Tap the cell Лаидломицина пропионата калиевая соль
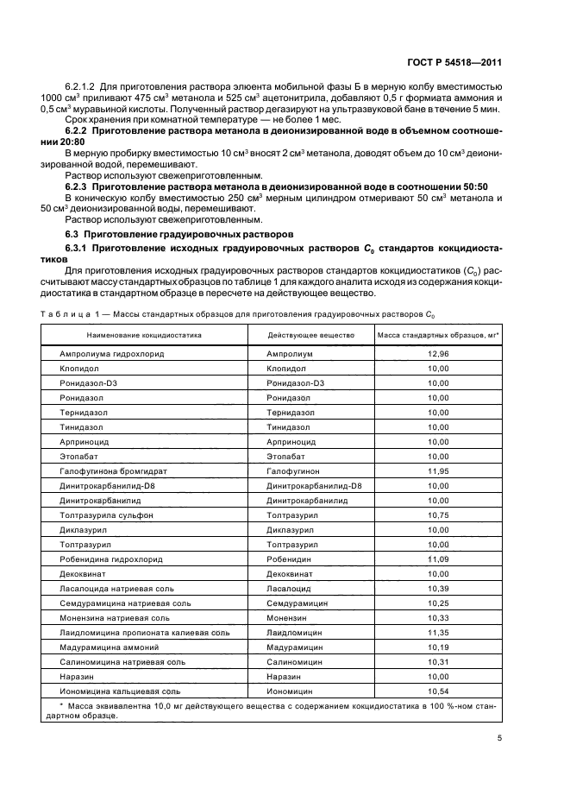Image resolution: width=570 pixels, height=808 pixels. pyautogui.click(x=144, y=633)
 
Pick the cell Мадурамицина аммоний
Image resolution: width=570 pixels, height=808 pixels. pyautogui.click(x=109, y=647)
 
